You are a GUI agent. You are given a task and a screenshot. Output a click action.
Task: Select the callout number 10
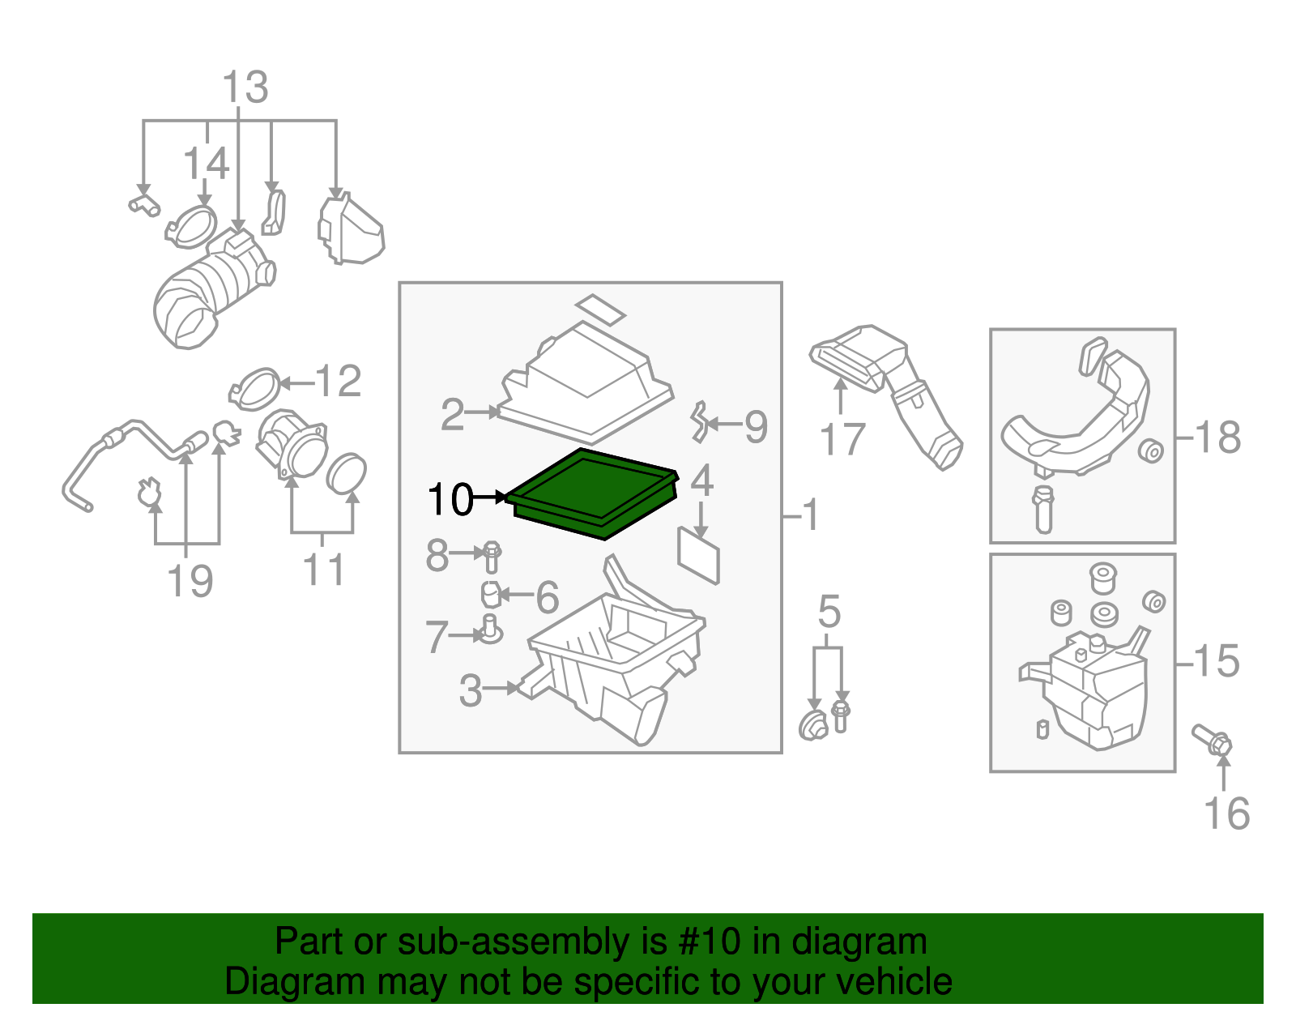pos(450,499)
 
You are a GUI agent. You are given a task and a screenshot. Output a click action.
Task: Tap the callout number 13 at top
pos(245,87)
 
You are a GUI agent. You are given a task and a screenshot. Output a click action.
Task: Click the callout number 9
pos(755,426)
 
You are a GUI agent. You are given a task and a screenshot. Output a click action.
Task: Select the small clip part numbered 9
pos(698,422)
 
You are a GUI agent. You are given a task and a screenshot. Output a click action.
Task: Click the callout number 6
pos(548,598)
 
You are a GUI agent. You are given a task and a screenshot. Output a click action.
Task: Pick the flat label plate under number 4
pos(698,555)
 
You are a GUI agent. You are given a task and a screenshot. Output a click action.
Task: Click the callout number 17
pos(842,440)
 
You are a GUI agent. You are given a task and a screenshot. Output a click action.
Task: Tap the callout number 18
pos(1217,438)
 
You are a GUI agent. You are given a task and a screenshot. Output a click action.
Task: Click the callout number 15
pos(1217,661)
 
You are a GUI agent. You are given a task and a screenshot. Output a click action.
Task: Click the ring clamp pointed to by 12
pos(256,387)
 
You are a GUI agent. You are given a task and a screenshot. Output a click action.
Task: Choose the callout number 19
pos(190,581)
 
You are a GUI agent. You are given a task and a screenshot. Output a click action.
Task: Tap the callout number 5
pos(829,611)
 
